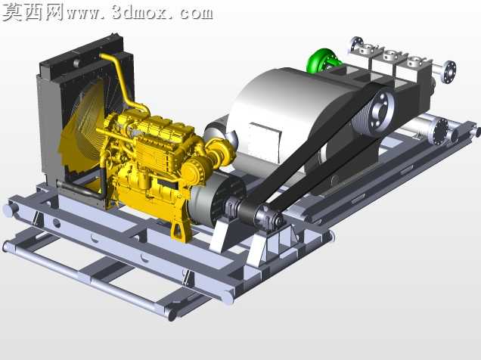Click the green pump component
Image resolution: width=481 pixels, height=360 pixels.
tap(322, 60)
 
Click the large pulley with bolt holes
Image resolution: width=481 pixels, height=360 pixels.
tap(377, 111)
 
